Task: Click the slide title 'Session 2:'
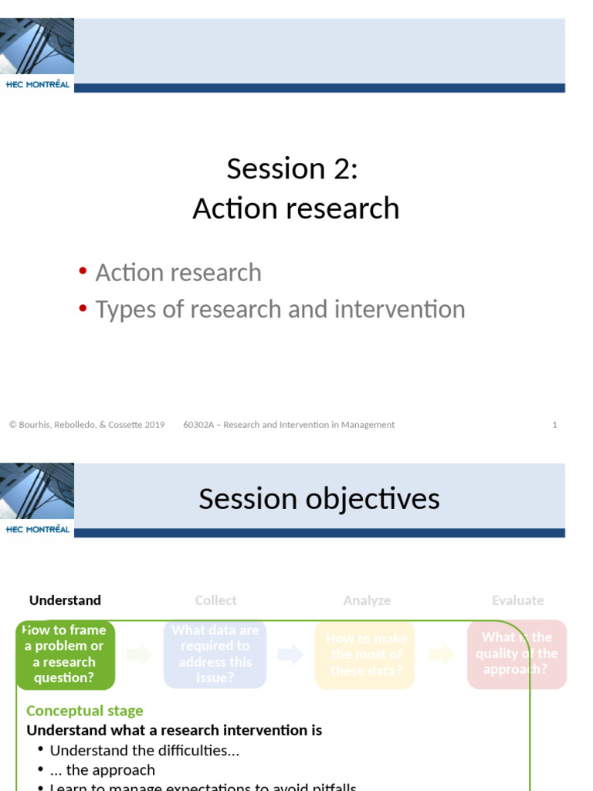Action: (x=292, y=168)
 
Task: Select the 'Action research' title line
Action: (x=296, y=209)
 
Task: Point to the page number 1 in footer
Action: (x=554, y=425)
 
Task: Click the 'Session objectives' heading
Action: (x=319, y=499)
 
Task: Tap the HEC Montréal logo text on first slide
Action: (x=37, y=85)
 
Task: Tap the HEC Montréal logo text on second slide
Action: (x=37, y=530)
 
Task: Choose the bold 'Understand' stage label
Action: (x=65, y=600)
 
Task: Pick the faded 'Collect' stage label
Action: (x=215, y=600)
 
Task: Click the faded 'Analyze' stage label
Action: (x=367, y=600)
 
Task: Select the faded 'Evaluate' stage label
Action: (x=517, y=600)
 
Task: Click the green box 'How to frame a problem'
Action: (x=65, y=654)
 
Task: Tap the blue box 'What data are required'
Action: (x=215, y=654)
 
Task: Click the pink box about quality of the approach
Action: (x=517, y=654)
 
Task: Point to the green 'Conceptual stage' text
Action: (x=85, y=711)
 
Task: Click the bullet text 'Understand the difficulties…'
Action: (x=144, y=750)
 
